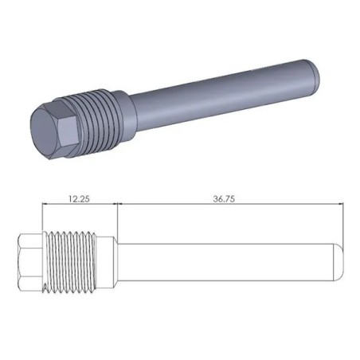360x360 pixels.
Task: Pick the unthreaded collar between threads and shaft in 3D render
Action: [x=121, y=102]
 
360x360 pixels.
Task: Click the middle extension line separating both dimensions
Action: [x=117, y=219]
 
